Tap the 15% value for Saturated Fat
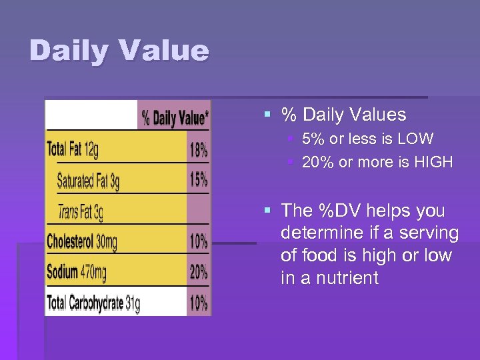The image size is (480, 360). point(198,179)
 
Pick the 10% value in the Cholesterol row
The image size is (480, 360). point(198,241)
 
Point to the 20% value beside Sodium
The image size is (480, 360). point(198,272)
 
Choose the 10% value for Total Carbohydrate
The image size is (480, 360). point(198,303)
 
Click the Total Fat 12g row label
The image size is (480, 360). point(73,149)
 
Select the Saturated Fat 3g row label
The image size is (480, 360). point(88,181)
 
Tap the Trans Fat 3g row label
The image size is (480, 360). point(80,212)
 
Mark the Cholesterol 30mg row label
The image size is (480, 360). point(81,241)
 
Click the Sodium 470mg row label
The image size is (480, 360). point(76,272)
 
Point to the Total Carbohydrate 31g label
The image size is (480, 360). point(93,303)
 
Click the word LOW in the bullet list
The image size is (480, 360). point(415,139)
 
